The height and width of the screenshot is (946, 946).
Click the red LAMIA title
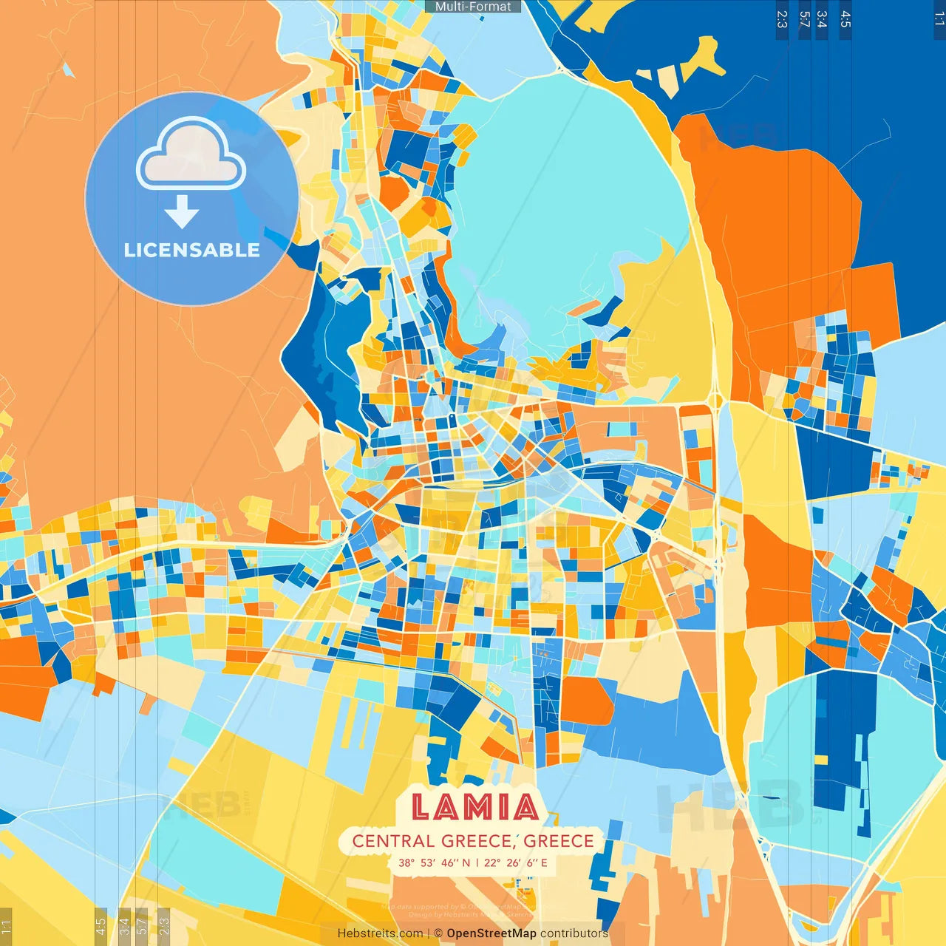(x=474, y=806)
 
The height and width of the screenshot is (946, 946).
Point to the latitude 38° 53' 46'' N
(x=434, y=862)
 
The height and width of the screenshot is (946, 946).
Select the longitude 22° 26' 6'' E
(x=516, y=862)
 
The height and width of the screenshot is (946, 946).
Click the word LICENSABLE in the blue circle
(x=192, y=251)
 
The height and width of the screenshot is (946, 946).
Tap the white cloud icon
(x=191, y=155)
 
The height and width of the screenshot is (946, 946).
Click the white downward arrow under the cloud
(x=182, y=212)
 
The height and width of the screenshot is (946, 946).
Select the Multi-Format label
(x=473, y=7)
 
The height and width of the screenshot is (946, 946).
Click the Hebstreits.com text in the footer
(x=380, y=933)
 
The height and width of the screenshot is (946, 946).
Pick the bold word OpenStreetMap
(x=491, y=933)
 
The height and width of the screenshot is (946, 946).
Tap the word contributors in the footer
(x=574, y=933)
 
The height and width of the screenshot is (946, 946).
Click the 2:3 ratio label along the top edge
(x=782, y=19)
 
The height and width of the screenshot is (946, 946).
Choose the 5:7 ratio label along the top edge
(x=804, y=19)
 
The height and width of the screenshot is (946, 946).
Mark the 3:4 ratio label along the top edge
(x=821, y=19)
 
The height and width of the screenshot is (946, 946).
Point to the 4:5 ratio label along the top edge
(x=845, y=19)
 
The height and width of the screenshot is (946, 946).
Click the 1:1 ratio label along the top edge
(x=939, y=19)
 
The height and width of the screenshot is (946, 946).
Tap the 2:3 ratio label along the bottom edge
(x=164, y=925)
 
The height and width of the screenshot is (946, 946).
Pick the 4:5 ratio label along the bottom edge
(x=101, y=925)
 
